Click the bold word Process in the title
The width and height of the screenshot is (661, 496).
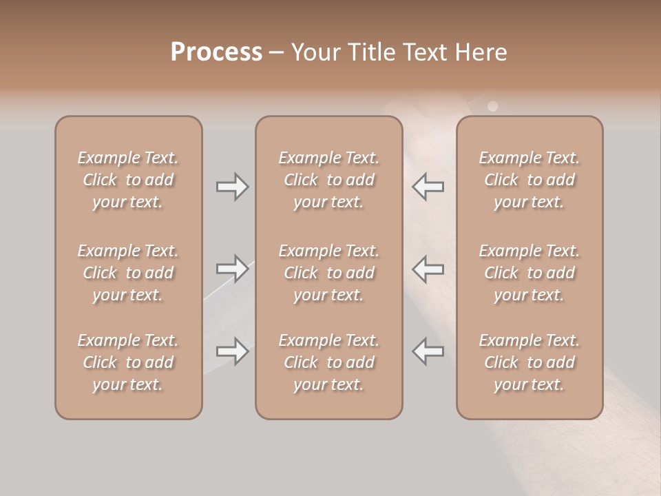(x=216, y=52)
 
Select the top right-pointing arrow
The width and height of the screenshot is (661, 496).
(x=232, y=187)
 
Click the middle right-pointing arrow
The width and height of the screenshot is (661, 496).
(x=232, y=269)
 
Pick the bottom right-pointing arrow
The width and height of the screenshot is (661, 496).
(x=232, y=351)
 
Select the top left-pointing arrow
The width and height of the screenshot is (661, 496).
(x=428, y=187)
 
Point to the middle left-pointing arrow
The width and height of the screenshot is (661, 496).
(x=428, y=269)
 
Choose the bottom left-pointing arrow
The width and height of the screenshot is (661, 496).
(x=428, y=351)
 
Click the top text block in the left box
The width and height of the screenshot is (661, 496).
(x=128, y=180)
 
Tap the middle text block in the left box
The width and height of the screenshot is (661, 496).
(x=128, y=273)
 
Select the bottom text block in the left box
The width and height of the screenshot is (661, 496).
(x=128, y=362)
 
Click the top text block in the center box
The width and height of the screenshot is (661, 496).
(x=328, y=180)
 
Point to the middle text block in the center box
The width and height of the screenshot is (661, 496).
(x=328, y=273)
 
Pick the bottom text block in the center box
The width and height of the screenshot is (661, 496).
(x=328, y=362)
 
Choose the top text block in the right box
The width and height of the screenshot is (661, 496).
(x=529, y=180)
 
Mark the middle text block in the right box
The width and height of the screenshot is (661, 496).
(x=529, y=273)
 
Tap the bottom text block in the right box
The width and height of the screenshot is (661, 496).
(x=529, y=362)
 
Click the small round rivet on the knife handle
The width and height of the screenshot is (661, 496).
(x=492, y=106)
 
